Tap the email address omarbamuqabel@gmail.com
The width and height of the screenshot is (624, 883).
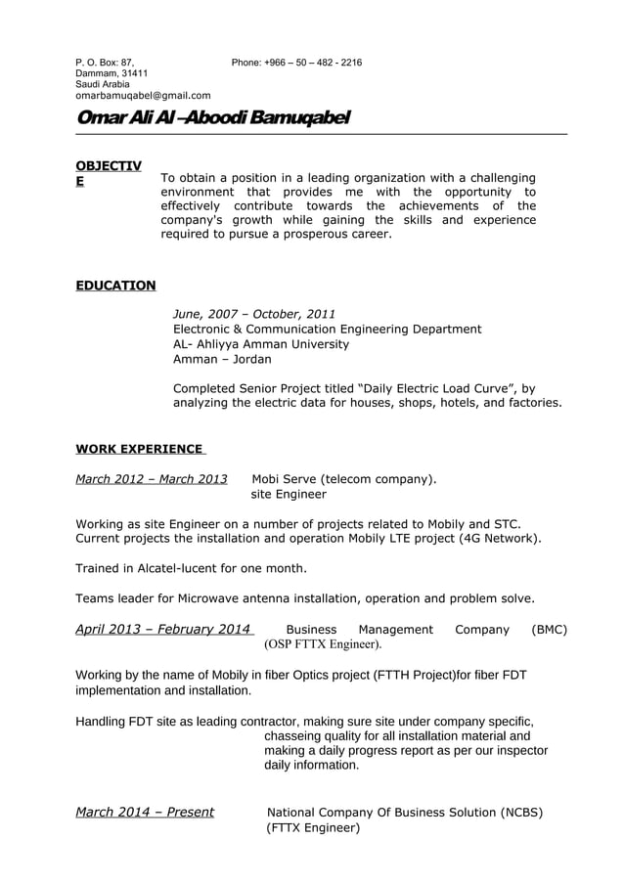click(143, 96)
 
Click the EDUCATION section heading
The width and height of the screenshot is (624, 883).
click(115, 286)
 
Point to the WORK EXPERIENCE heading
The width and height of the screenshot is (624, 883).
click(139, 449)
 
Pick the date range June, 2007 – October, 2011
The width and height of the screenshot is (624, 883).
click(253, 314)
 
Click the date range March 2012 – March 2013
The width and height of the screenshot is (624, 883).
click(152, 479)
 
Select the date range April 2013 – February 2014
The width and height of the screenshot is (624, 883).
click(163, 630)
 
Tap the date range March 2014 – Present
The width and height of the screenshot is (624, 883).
click(145, 813)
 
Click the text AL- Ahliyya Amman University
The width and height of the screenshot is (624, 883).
click(260, 344)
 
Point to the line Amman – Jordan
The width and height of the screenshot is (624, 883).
click(209, 360)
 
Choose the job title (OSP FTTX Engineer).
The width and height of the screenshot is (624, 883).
click(324, 645)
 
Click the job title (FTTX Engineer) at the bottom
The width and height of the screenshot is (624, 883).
click(313, 828)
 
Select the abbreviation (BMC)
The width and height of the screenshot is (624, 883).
click(550, 630)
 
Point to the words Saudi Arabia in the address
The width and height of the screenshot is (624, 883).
click(103, 85)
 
